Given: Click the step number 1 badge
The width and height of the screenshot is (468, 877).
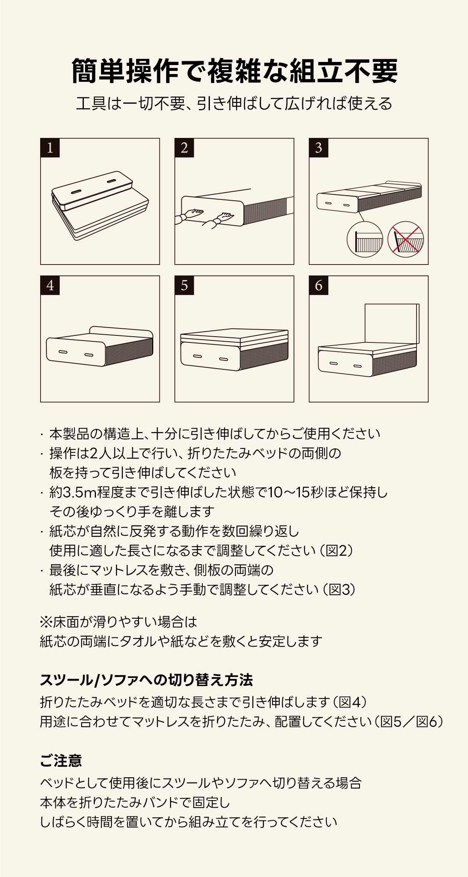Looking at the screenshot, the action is click(x=50, y=148).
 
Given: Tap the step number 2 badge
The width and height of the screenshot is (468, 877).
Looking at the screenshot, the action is click(x=184, y=148).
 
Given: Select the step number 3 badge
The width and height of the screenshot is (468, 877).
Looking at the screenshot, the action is click(x=319, y=148).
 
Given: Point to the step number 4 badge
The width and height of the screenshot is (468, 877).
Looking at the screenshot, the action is click(x=50, y=286).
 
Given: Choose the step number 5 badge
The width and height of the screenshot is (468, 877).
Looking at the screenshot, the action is click(x=184, y=286).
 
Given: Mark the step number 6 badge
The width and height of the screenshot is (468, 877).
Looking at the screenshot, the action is click(x=319, y=286).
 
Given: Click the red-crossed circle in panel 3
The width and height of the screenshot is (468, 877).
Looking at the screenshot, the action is click(x=406, y=239).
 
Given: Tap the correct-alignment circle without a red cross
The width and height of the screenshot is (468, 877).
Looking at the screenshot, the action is click(x=365, y=239).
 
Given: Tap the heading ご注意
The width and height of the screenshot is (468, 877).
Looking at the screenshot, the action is click(x=61, y=761).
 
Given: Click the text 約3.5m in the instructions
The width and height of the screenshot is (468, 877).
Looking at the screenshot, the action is click(x=73, y=492).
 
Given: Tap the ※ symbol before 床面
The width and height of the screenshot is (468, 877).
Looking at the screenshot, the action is click(x=46, y=622).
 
